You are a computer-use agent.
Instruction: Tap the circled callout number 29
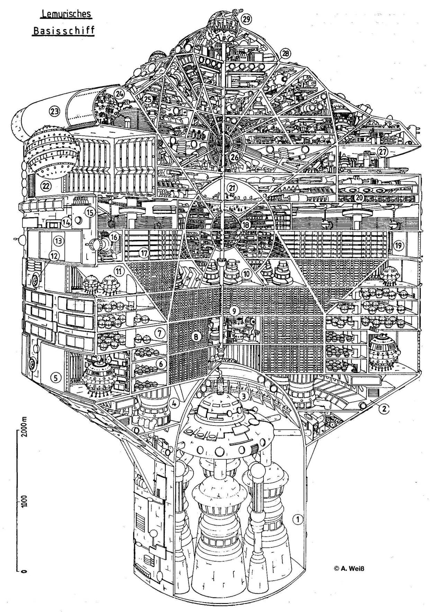pyautogui.click(x=246, y=20)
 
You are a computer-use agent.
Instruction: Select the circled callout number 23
pyautogui.click(x=55, y=112)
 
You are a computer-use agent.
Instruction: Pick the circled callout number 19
pyautogui.click(x=398, y=246)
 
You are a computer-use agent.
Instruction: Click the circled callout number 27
pyautogui.click(x=382, y=152)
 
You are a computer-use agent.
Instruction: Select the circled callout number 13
pyautogui.click(x=59, y=240)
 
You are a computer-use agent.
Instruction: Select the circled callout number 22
pyautogui.click(x=46, y=186)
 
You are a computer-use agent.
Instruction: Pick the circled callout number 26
pyautogui.click(x=234, y=158)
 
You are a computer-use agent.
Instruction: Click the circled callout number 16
pyautogui.click(x=115, y=237)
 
